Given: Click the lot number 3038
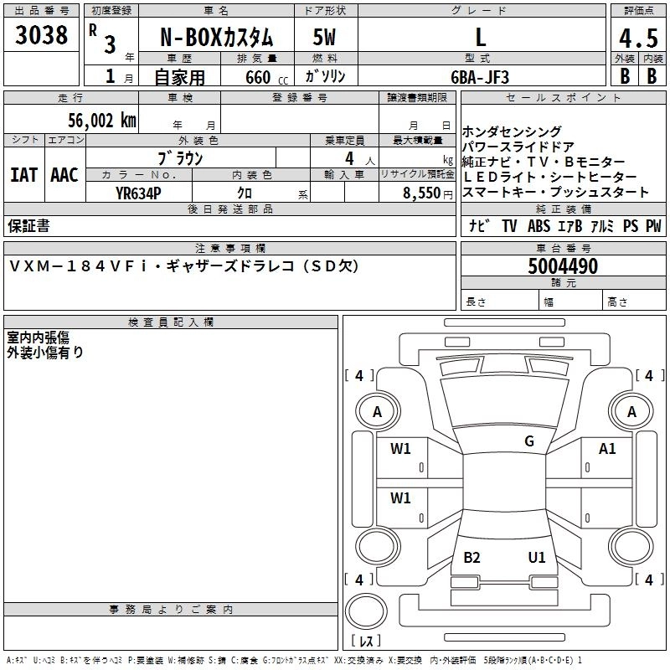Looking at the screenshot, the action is (x=41, y=34).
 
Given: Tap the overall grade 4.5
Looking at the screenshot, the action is (x=638, y=38).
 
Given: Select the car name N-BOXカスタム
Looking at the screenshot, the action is (x=217, y=38).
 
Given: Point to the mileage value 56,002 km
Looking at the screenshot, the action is (x=102, y=121).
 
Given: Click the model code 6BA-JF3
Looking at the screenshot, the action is (x=480, y=77).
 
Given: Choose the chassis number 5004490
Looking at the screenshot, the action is (x=563, y=266).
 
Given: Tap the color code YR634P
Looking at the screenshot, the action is (x=138, y=193).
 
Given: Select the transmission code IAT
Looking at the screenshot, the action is (x=24, y=175).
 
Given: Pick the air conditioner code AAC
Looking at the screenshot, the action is (x=64, y=175).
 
